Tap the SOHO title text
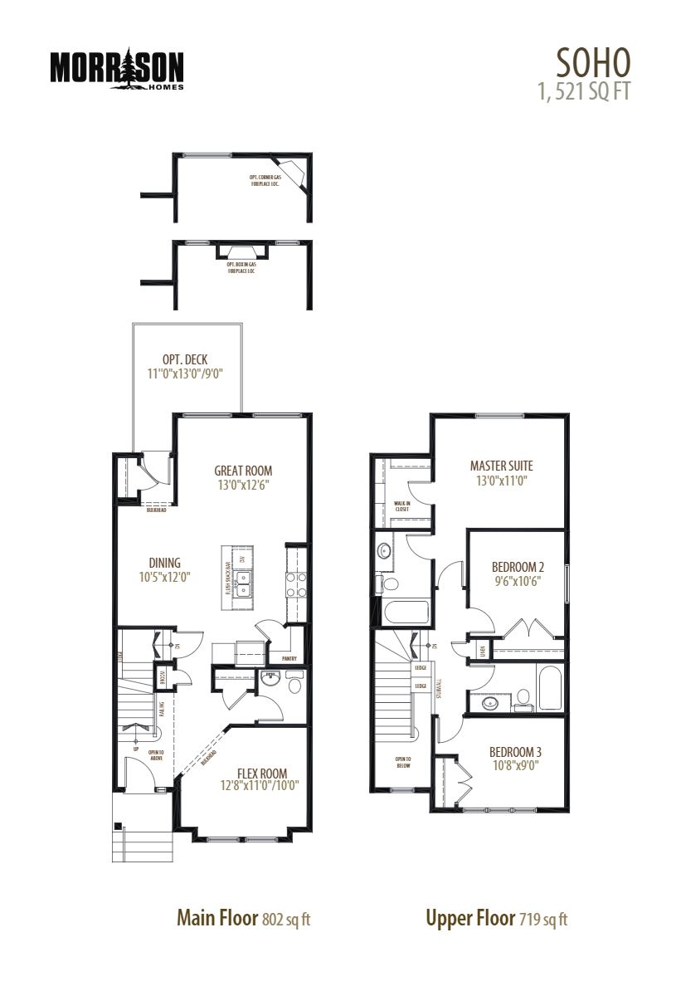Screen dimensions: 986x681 tap(593, 61)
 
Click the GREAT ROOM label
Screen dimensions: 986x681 tap(243, 471)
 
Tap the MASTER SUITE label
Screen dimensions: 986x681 tap(501, 466)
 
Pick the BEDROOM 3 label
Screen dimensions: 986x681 tap(515, 753)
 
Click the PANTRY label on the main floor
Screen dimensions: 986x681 tap(289, 658)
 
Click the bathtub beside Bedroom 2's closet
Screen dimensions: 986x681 tap(550, 686)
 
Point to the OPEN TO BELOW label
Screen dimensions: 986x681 tap(403, 762)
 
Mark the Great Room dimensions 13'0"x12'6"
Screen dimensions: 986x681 tap(243, 485)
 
